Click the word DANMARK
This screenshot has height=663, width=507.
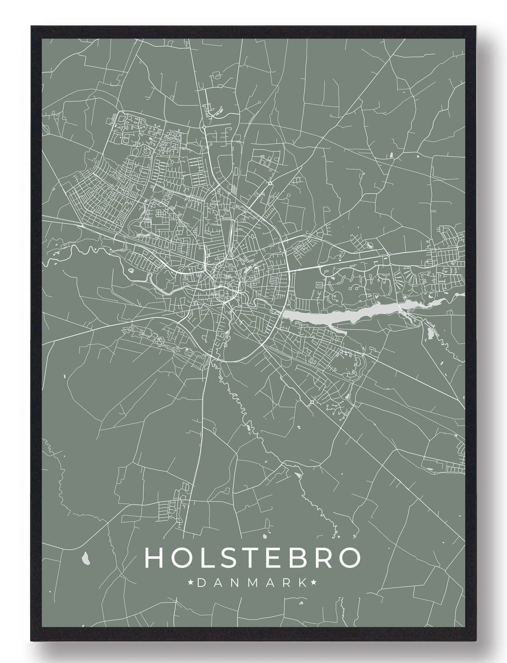pyautogui.click(x=252, y=583)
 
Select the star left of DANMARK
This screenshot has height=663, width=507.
pyautogui.click(x=191, y=583)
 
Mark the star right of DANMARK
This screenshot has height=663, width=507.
pyautogui.click(x=313, y=583)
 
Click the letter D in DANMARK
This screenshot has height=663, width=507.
pyautogui.click(x=201, y=583)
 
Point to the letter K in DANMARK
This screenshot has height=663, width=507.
pyautogui.click(x=302, y=583)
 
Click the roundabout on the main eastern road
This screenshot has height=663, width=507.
pyautogui.click(x=389, y=255)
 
